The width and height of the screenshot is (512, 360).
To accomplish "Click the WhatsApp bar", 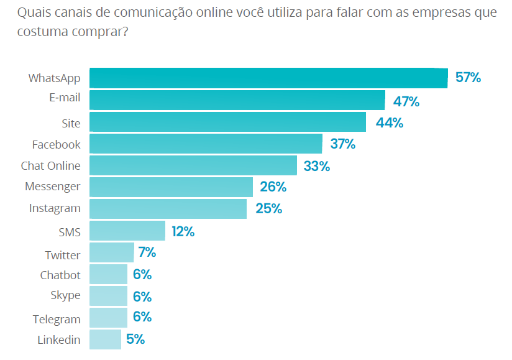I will [268, 78].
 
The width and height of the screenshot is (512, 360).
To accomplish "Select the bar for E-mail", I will [237, 100].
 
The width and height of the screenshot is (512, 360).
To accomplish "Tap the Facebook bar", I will [206, 144].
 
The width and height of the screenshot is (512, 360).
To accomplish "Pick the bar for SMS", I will [127, 231].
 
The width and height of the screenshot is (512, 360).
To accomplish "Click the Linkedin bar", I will [106, 339].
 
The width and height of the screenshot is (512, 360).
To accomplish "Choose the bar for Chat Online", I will [193, 165].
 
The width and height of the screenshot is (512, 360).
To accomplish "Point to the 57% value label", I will [468, 78].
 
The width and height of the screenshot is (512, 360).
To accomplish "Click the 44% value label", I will [390, 122].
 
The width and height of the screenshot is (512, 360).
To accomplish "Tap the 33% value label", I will [316, 166].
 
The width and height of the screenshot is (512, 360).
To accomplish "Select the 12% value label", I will [183, 232].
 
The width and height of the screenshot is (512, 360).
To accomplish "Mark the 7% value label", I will [147, 252].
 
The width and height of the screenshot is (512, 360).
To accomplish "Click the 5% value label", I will [135, 339].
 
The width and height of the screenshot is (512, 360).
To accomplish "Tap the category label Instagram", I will [55, 208].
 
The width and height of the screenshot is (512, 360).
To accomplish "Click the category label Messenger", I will [53, 187].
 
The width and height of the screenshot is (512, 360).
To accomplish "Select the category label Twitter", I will [62, 255].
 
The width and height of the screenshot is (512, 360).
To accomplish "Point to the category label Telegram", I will [57, 320].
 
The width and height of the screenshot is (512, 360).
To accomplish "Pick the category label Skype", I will [66, 295].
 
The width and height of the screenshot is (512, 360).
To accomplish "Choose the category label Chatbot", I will [60, 275].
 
